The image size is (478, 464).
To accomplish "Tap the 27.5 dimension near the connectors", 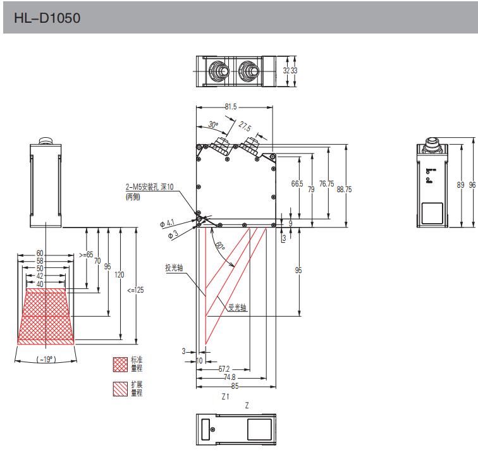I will (245, 126).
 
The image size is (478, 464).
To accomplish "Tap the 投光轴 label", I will (174, 267).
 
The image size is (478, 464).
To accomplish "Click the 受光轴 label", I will (237, 308).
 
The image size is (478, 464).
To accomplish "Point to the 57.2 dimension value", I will (224, 369).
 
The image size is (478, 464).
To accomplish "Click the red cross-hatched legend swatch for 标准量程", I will (120, 364).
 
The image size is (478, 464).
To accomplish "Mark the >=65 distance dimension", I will (86, 254).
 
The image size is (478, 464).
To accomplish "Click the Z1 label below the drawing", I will (225, 397).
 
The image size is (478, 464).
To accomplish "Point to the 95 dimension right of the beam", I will (298, 270).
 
